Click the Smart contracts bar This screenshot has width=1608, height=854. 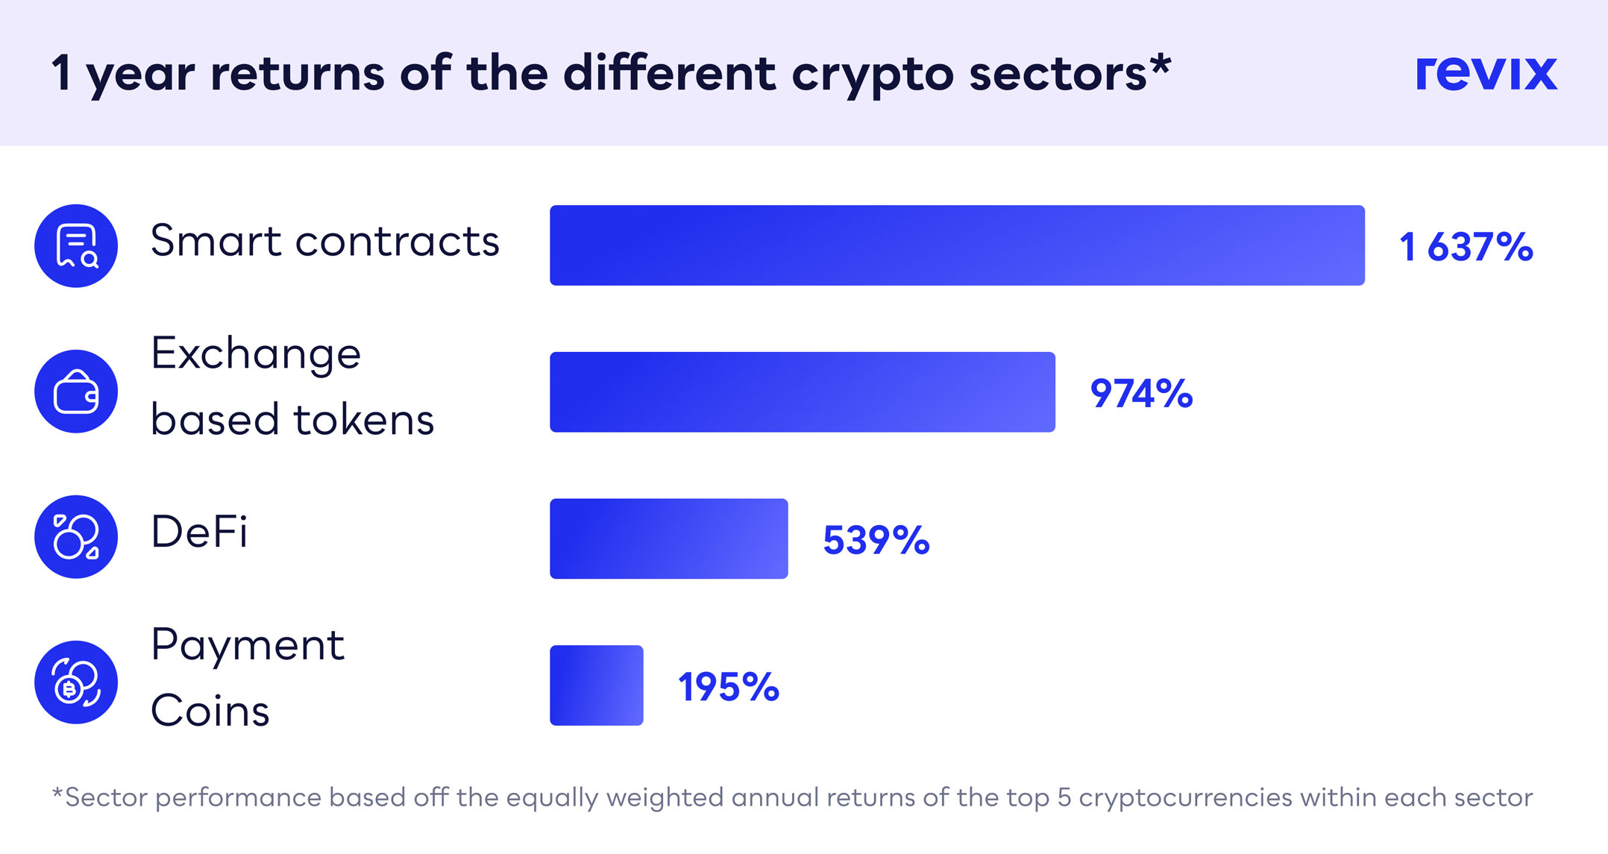point(957,245)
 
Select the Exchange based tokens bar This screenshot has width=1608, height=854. point(803,392)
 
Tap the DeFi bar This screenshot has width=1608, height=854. point(669,539)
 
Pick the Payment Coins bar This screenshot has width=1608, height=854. point(597,685)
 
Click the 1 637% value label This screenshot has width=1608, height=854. point(1466,247)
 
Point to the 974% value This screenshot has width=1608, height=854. point(1141,393)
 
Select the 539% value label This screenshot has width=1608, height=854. point(876,540)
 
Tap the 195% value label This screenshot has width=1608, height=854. point(729,687)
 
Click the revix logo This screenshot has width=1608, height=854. point(1486,73)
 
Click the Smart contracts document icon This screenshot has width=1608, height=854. point(76,245)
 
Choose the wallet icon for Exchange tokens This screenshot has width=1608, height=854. point(76,392)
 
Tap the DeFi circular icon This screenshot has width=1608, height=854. point(76,537)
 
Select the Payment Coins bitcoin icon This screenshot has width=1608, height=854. point(76,682)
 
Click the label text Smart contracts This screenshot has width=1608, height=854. point(324,241)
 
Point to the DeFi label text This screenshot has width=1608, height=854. point(199,532)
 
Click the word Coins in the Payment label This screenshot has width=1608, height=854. point(210,710)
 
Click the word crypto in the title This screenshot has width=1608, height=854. point(873,75)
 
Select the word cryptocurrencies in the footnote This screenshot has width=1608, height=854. point(1185,797)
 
